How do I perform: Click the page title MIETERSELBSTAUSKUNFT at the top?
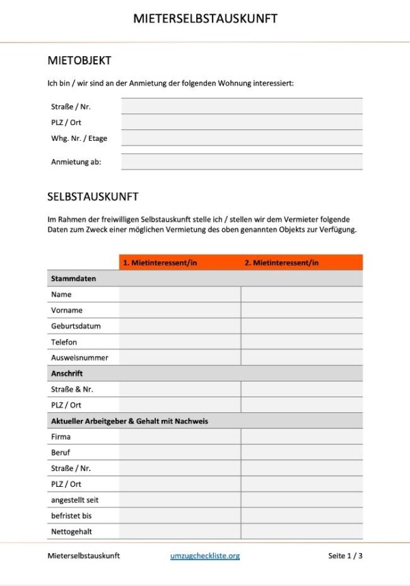click(205, 18)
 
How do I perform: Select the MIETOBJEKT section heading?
click(79, 61)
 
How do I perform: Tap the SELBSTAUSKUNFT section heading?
click(93, 197)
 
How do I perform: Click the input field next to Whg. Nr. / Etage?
click(242, 138)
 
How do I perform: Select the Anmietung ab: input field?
click(242, 162)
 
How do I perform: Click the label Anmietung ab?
click(76, 162)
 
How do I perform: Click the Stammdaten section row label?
click(73, 279)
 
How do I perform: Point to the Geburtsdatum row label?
click(75, 326)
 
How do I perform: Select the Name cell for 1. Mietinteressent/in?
click(180, 295)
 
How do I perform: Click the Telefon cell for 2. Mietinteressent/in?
click(302, 342)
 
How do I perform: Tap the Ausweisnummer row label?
click(79, 358)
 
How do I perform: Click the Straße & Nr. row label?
click(72, 389)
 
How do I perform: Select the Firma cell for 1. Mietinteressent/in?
click(180, 437)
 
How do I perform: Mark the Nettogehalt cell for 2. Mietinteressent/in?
click(302, 531)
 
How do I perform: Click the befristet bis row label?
click(71, 516)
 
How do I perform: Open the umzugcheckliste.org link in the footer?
click(205, 556)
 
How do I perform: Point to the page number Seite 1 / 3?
click(345, 556)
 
